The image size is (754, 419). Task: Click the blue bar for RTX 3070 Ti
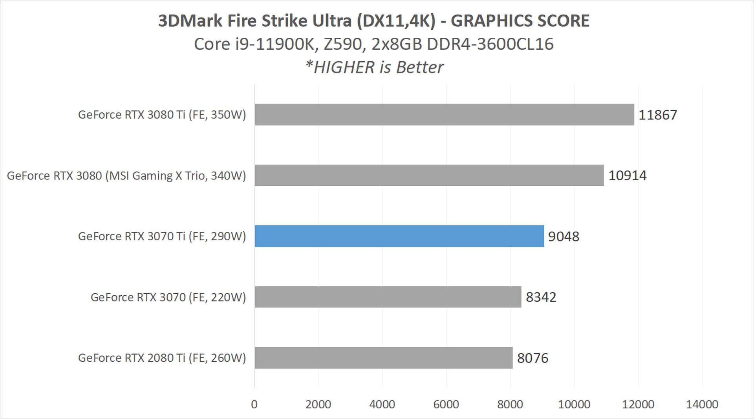point(399,236)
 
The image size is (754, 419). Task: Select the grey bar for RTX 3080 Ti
point(444,115)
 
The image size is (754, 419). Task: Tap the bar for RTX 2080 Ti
point(383,358)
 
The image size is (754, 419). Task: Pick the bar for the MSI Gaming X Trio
point(429,175)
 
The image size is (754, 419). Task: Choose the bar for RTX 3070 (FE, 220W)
point(388,297)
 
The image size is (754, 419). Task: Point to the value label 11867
point(658,115)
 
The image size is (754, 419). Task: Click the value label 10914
point(627,176)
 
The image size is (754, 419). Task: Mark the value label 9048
point(564,236)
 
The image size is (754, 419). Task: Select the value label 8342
point(541,297)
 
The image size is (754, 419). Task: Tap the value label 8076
point(533,358)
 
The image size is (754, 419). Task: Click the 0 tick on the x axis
point(254,404)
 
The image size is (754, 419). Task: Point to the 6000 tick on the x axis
point(446,404)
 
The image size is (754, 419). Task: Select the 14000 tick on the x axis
point(702,404)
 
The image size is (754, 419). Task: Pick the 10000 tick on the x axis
point(574,404)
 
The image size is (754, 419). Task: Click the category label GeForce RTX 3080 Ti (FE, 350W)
point(162,115)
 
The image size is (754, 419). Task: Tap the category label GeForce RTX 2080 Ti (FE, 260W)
point(162,358)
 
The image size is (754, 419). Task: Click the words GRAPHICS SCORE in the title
point(520,21)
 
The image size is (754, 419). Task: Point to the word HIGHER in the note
point(344,67)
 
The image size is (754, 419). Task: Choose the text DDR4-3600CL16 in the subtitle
point(490,44)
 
